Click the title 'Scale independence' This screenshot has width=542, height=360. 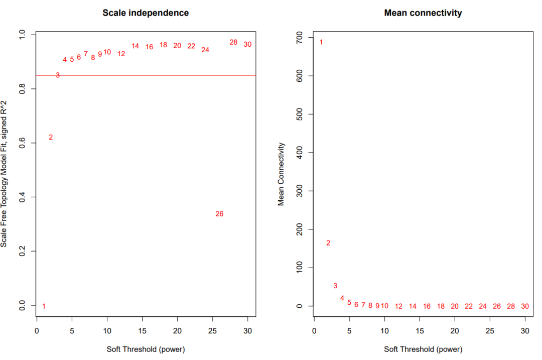[x=146, y=13]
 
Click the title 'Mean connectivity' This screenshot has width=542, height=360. [x=423, y=13]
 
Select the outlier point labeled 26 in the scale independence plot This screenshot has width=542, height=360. [x=219, y=214]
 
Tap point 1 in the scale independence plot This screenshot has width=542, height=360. [x=44, y=306]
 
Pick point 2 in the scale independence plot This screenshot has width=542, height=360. [x=51, y=137]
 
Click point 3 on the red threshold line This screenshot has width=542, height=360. [x=58, y=75]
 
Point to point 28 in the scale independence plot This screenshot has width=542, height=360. [x=233, y=42]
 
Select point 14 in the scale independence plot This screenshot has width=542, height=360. [x=135, y=46]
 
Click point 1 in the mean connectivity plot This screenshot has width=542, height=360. [x=321, y=42]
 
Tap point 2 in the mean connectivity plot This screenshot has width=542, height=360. [x=328, y=243]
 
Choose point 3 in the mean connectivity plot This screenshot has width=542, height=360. [x=335, y=286]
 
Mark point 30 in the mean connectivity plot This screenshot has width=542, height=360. [x=525, y=306]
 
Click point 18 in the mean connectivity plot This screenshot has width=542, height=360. [x=441, y=306]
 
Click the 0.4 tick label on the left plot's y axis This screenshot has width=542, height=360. [x=22, y=197]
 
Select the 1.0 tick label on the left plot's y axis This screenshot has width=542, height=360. [x=22, y=35]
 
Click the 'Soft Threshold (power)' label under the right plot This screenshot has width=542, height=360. [x=423, y=349]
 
